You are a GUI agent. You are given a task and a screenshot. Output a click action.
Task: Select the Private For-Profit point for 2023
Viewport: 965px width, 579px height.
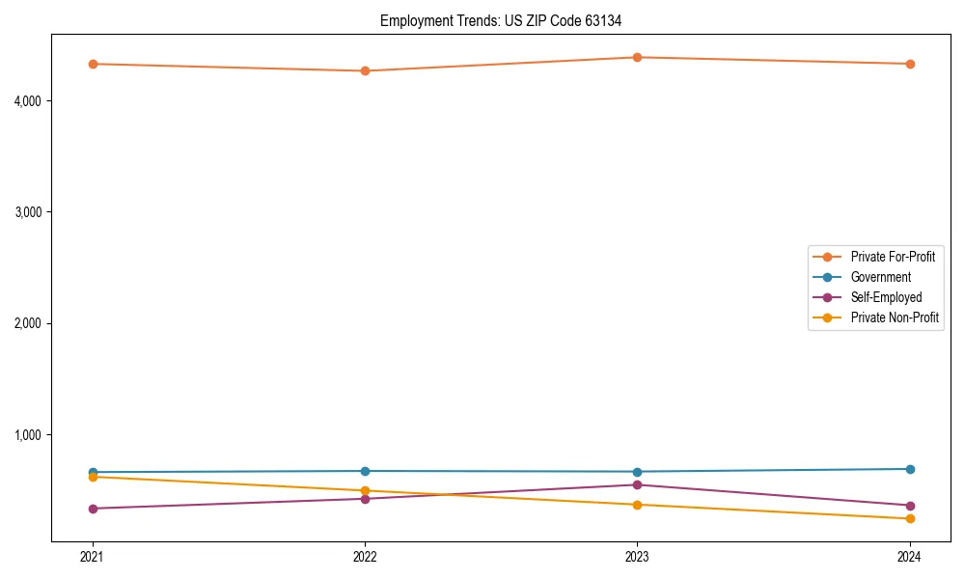tap(637, 57)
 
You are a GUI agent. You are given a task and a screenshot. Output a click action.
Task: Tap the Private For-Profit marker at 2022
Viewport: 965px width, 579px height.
tap(365, 70)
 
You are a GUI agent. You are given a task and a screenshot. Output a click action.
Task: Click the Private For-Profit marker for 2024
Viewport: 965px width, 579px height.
tap(909, 64)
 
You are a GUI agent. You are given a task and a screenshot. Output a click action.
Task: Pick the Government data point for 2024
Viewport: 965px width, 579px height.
tap(909, 469)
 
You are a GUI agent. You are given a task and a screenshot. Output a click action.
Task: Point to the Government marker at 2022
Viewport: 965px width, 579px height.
tap(365, 471)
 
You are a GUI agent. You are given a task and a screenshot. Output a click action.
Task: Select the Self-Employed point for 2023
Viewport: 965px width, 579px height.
tap(637, 484)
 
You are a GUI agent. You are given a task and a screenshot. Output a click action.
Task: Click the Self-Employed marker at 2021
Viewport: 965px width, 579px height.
tap(93, 509)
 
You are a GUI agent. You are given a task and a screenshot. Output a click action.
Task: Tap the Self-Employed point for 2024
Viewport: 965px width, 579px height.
tap(909, 506)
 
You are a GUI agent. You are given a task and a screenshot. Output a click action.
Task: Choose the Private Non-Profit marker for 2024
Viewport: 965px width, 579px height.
tap(909, 519)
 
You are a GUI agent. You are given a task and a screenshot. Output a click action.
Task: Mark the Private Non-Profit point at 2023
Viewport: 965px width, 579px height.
tap(637, 505)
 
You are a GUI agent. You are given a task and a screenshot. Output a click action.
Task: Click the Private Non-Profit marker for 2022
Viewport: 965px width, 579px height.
tap(365, 491)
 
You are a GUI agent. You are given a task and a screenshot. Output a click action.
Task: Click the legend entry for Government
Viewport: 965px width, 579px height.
tap(880, 277)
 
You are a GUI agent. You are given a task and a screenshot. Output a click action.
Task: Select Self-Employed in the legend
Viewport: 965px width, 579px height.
tap(886, 297)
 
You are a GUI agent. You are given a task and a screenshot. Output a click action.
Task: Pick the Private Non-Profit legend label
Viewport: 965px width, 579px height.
tap(895, 317)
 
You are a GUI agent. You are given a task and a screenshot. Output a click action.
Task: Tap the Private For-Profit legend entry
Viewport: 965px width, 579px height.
tap(893, 257)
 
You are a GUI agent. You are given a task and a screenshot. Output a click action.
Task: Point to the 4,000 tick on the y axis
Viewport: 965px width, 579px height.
tap(28, 100)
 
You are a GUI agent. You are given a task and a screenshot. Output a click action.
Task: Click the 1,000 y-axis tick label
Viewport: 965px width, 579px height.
tap(28, 434)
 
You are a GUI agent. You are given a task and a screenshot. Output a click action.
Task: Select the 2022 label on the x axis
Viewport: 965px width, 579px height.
tap(365, 556)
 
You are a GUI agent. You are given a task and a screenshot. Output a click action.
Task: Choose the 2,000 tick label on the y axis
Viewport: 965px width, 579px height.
tap(28, 323)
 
